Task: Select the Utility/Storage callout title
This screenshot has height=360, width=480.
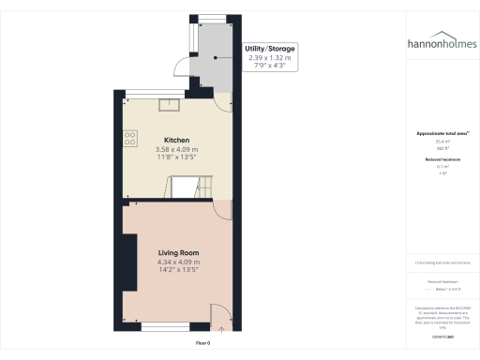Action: point(269,48)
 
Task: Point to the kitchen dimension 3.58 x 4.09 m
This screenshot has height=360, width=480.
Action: point(175,150)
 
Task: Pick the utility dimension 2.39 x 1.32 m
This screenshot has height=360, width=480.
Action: point(269,58)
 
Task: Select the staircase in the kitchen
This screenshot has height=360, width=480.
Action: point(206,189)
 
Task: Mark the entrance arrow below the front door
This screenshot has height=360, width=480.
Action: point(222,328)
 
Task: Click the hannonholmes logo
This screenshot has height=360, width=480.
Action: point(442,44)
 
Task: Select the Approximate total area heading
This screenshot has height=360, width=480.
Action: point(441,134)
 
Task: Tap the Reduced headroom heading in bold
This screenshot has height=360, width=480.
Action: point(441,160)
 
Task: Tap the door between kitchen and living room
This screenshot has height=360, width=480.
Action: point(221,210)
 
